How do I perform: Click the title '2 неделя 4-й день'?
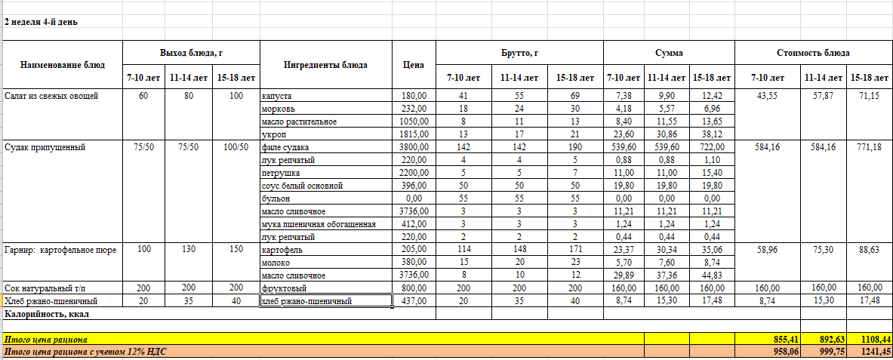point(41,22)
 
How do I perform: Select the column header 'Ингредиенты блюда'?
point(325,65)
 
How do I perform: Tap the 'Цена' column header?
point(414,65)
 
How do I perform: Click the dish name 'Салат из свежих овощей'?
point(51,96)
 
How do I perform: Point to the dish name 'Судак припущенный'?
point(42,147)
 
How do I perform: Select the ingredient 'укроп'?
point(272,134)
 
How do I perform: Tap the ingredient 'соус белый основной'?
point(302,186)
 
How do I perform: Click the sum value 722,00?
point(711,147)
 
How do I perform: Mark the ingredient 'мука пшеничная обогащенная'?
point(317,224)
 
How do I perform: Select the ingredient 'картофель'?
point(281,250)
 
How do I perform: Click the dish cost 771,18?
point(869,147)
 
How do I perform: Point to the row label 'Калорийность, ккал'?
point(43,313)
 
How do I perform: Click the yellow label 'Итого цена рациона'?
point(45,340)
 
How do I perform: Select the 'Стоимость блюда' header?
point(813,53)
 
